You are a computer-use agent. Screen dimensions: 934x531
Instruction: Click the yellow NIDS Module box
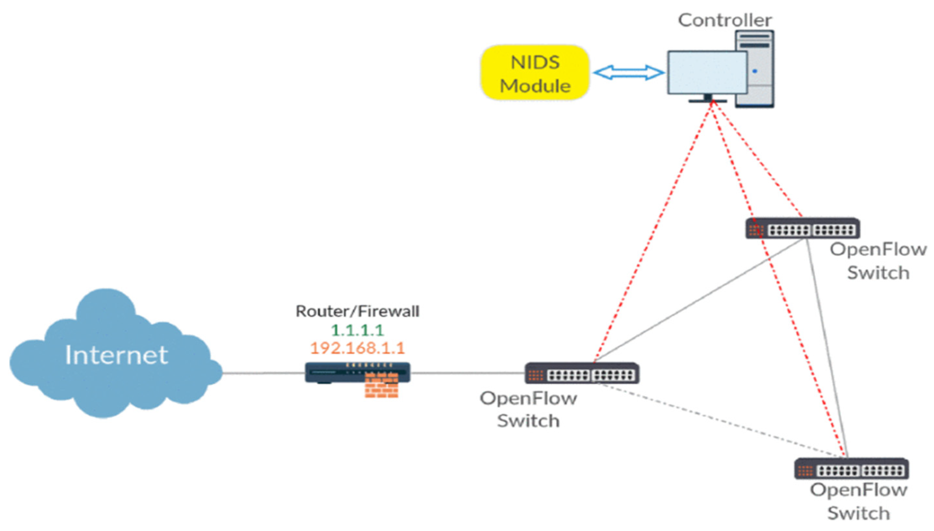click(535, 73)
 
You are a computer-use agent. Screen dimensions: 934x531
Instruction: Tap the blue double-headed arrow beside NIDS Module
click(628, 73)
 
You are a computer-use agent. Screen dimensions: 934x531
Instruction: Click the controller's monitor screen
click(707, 72)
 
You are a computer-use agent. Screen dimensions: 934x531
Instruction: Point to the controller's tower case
click(755, 69)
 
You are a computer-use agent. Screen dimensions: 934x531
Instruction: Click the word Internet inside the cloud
click(116, 354)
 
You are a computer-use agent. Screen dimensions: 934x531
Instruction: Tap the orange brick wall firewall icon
click(382, 385)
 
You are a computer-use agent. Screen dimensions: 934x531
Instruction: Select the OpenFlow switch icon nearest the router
click(582, 373)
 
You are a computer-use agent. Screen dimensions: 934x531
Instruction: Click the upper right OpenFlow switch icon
click(802, 228)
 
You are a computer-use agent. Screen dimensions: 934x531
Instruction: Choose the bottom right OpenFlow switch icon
click(851, 469)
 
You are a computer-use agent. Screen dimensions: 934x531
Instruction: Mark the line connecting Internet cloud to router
click(264, 373)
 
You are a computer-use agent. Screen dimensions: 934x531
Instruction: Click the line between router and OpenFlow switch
click(468, 373)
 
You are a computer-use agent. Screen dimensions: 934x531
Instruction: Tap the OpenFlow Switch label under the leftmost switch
click(528, 409)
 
